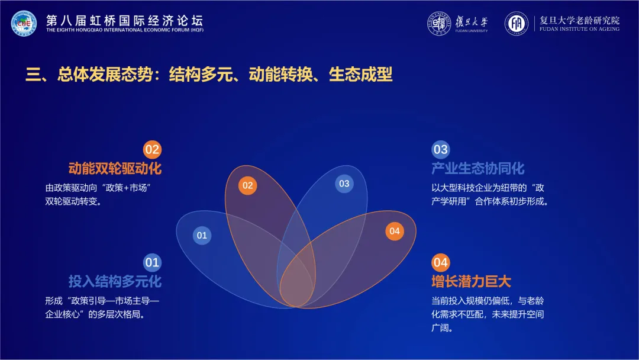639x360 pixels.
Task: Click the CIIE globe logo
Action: point(24,23)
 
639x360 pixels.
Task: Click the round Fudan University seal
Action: point(439,23)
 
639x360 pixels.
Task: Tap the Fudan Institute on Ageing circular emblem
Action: point(517,23)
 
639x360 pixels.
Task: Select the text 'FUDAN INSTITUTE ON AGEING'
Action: point(579,29)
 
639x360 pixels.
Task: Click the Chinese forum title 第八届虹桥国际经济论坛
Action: point(125,20)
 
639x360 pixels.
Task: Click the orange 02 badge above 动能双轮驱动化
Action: point(152,150)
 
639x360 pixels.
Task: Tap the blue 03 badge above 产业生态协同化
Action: point(441,150)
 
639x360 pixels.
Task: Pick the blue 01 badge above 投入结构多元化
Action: point(152,262)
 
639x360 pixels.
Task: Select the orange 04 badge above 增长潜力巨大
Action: point(441,262)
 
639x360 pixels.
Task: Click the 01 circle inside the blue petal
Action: point(202,235)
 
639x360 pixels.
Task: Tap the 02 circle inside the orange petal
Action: point(247,185)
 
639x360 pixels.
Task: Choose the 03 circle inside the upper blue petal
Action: point(344,184)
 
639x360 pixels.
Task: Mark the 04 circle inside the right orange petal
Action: point(395,231)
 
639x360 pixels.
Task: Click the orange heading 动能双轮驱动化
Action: point(115,168)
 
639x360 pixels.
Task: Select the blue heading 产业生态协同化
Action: point(478,168)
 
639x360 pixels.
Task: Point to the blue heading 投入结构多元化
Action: point(115,281)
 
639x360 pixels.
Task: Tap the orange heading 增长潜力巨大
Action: point(472,281)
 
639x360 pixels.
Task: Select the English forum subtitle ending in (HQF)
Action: point(125,30)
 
